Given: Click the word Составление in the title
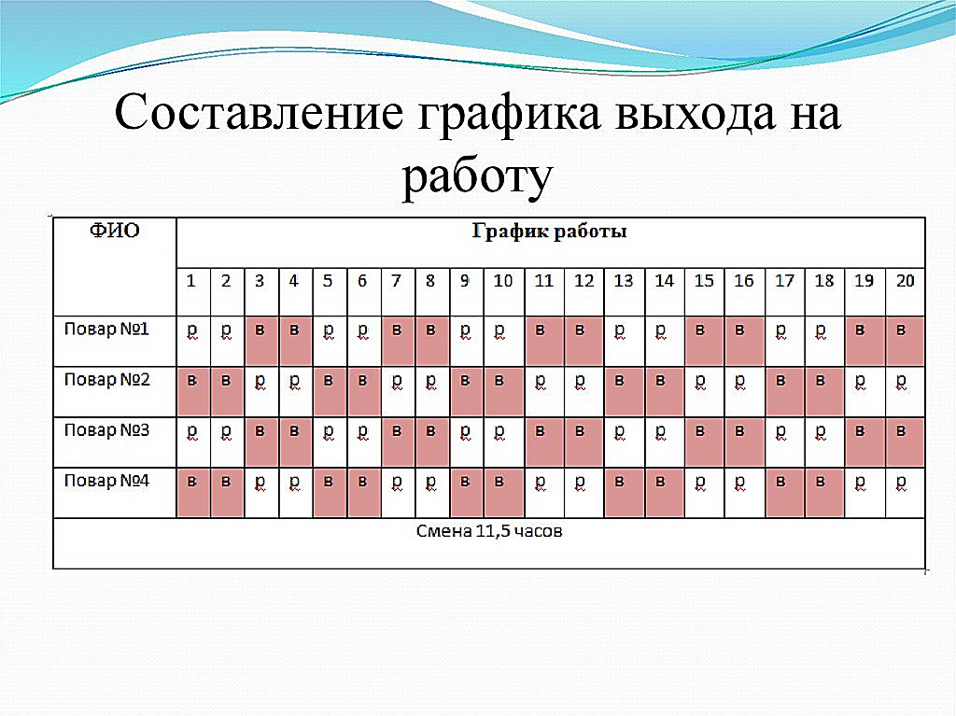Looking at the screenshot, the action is point(260,114).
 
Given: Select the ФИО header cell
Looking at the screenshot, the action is point(115,267).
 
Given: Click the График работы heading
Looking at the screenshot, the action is point(549,232).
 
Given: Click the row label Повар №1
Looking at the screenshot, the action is point(106,330).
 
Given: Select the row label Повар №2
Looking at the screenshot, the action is point(106,380).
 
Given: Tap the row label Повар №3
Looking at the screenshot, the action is point(106,430).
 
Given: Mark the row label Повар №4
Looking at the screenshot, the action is point(106,481).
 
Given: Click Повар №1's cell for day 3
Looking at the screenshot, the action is point(261,341).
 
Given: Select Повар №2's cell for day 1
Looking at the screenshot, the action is point(193,391).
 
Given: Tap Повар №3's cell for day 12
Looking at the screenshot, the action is point(584,442).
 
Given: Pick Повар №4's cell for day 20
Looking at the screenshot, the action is point(906,493).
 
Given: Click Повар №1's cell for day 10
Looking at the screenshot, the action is point(503,341).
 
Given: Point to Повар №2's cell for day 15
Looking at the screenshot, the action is point(705,391).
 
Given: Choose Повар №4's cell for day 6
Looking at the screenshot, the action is point(364,493).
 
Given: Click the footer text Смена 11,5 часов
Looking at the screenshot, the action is point(489,531).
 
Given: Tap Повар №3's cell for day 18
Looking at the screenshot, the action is point(824,442).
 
